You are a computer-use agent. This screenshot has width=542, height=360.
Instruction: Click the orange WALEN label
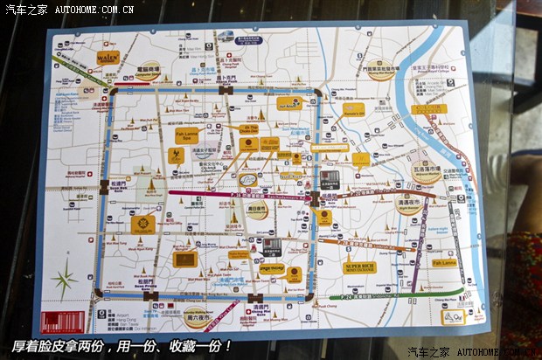click(108, 58)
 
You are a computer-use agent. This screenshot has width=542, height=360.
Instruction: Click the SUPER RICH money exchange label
click(360, 266)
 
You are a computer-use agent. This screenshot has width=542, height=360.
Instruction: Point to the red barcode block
click(68, 320)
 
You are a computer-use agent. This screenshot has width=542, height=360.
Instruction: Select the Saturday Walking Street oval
click(196, 315)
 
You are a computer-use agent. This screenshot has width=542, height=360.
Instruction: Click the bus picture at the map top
click(226, 36)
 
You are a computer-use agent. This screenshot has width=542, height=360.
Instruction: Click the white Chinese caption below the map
click(122, 345)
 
